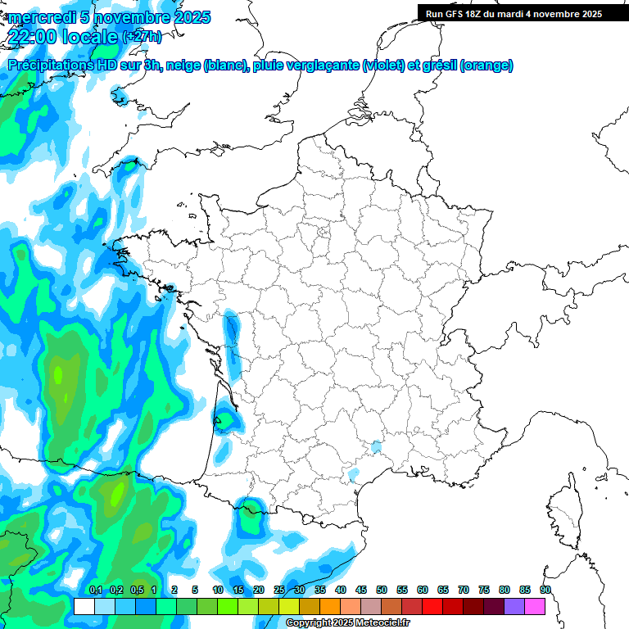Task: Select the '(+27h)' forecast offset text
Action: tap(142, 37)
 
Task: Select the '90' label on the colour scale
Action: tap(545, 590)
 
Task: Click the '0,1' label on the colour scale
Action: tap(95, 590)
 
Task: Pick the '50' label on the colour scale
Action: tap(382, 590)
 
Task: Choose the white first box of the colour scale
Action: tap(84, 606)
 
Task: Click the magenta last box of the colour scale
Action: tap(535, 606)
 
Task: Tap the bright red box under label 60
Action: tap(432, 606)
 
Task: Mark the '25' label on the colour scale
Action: tap(279, 590)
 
